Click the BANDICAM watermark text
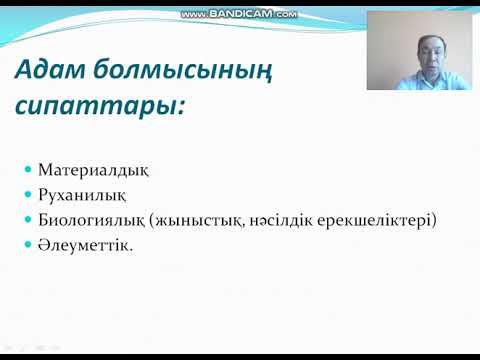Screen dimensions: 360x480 point(240,14)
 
